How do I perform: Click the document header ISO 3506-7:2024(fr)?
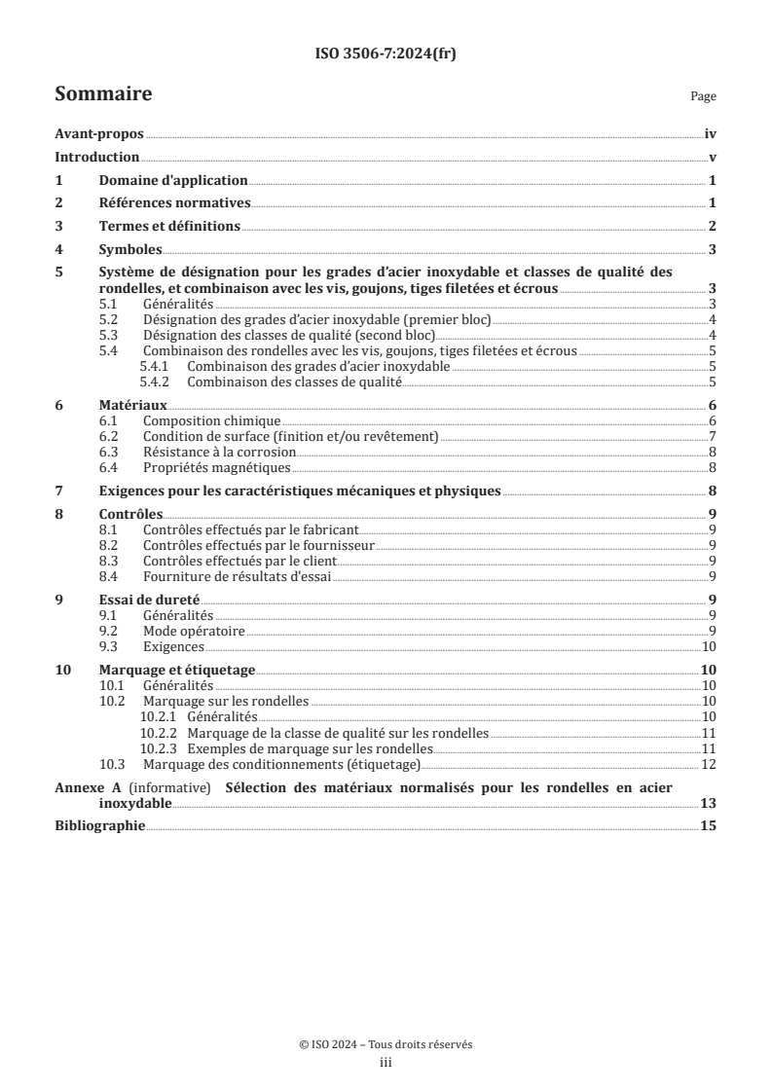tap(386, 55)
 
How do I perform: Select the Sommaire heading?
tap(103, 94)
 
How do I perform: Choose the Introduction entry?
tap(97, 158)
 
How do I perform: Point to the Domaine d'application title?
tap(173, 181)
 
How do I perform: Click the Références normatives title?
tap(175, 203)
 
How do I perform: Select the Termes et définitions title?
tap(169, 227)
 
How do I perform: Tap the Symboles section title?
tap(130, 250)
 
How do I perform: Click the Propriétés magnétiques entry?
tap(216, 467)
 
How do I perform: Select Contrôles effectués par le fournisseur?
tap(258, 545)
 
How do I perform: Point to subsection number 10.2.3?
tap(159, 748)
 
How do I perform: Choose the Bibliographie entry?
tap(99, 826)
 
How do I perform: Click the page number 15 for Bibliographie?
tap(709, 826)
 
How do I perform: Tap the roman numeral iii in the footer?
tap(386, 1063)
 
